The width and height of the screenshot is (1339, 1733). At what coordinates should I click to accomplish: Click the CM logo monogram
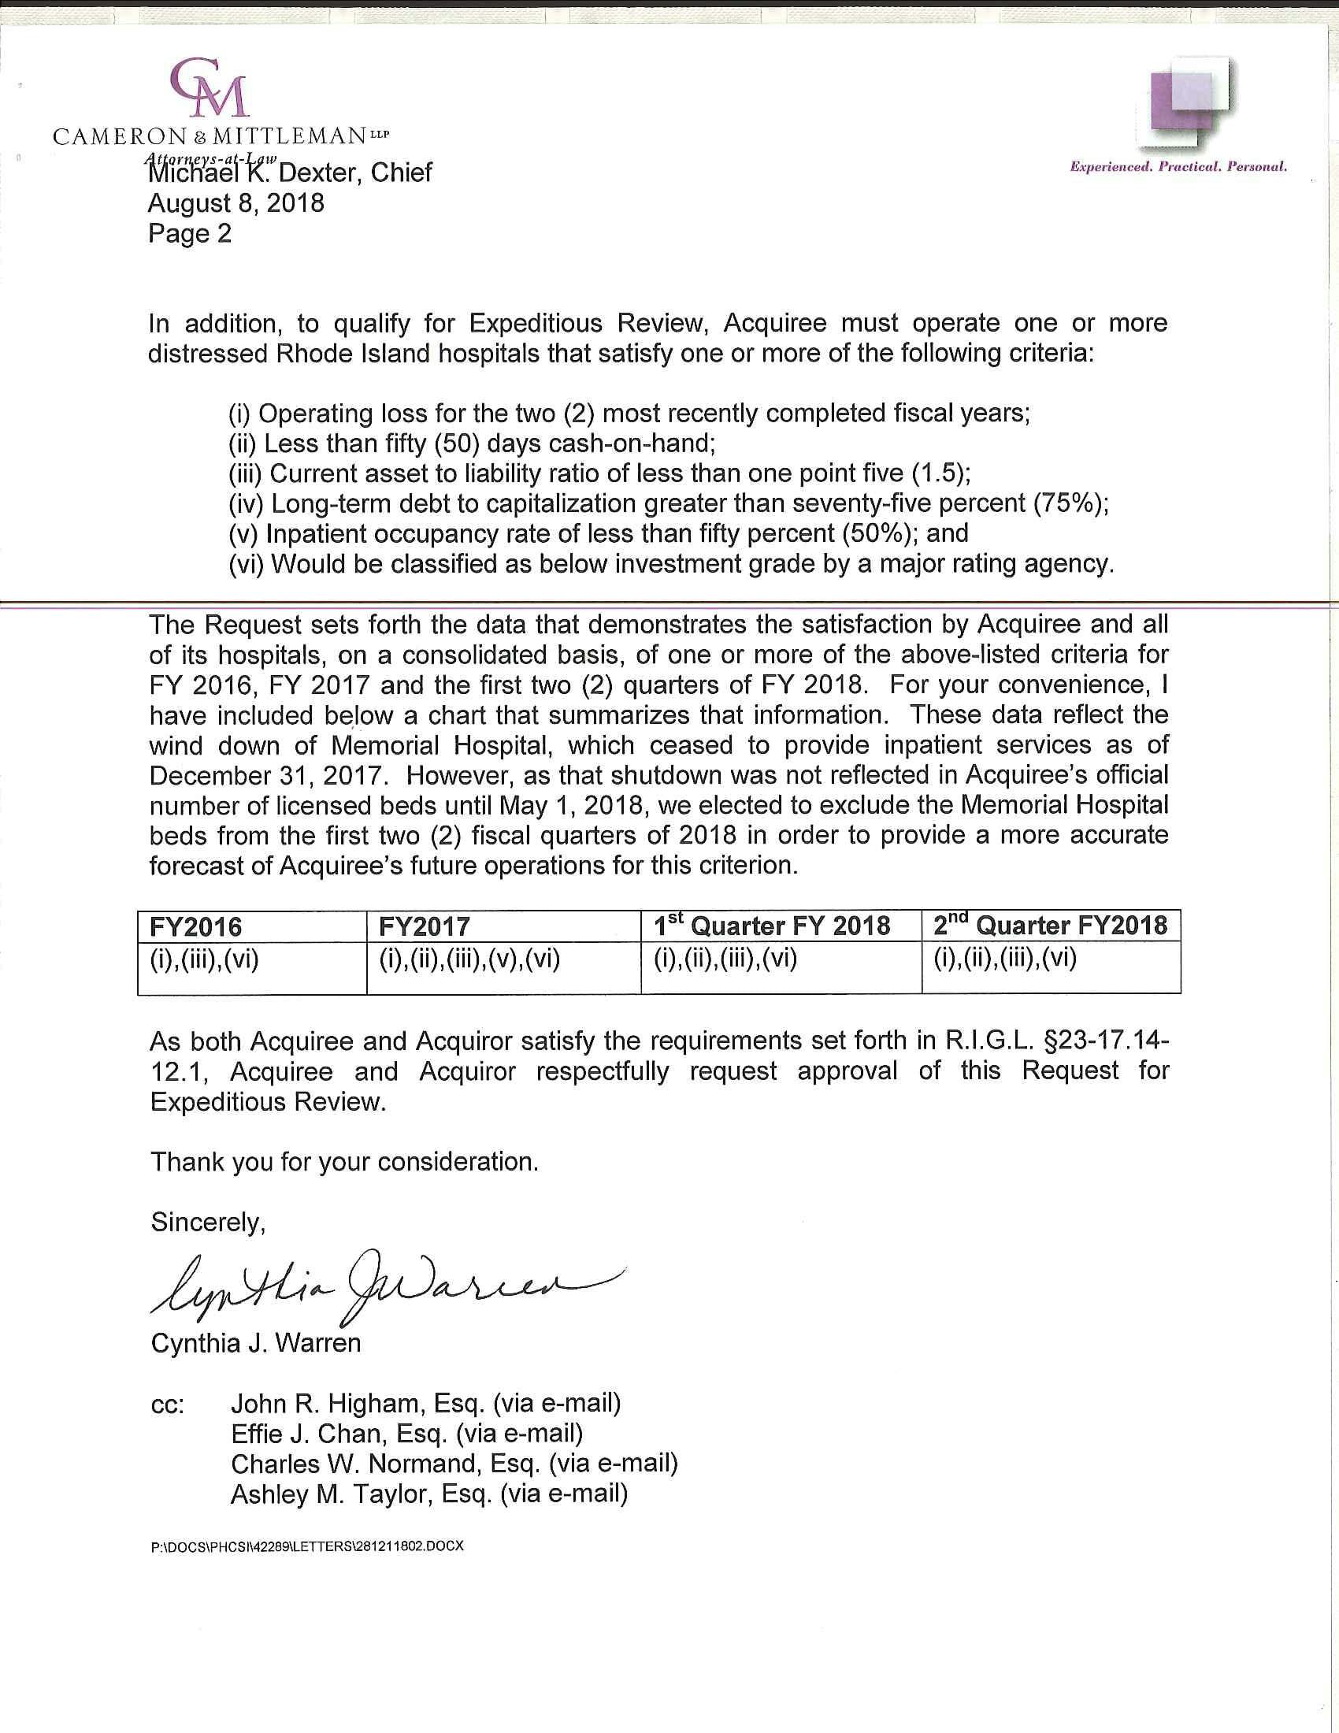[210, 87]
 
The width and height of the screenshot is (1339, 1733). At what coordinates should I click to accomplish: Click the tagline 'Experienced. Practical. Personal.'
[1178, 167]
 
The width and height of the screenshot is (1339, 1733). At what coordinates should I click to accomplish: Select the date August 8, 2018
[236, 203]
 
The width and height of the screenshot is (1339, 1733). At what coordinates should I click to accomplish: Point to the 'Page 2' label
[190, 233]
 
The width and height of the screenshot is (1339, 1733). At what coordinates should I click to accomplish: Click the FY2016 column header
[197, 926]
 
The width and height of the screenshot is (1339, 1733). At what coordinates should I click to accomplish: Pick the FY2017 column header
[425, 926]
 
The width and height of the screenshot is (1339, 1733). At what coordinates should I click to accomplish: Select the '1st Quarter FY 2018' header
[771, 926]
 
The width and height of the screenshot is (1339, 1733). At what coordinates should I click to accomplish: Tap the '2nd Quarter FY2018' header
[1049, 926]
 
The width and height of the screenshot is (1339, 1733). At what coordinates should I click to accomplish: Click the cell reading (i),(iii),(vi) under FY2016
[205, 960]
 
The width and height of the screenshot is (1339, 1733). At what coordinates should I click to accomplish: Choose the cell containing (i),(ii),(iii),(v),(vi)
[469, 960]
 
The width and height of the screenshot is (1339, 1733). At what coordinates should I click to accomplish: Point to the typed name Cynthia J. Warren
[255, 1342]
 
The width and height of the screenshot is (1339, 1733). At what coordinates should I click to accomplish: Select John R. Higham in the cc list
[425, 1404]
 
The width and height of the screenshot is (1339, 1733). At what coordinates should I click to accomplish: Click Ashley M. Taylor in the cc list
[428, 1494]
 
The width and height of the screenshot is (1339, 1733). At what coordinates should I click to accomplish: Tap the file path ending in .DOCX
[306, 1546]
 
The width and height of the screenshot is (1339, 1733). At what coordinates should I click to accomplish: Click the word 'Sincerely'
[208, 1222]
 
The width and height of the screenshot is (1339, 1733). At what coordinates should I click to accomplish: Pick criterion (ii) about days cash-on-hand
[472, 443]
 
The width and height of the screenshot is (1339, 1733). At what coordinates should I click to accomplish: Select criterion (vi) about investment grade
[671, 563]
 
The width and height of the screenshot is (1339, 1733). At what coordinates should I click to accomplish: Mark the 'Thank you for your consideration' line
[344, 1162]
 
